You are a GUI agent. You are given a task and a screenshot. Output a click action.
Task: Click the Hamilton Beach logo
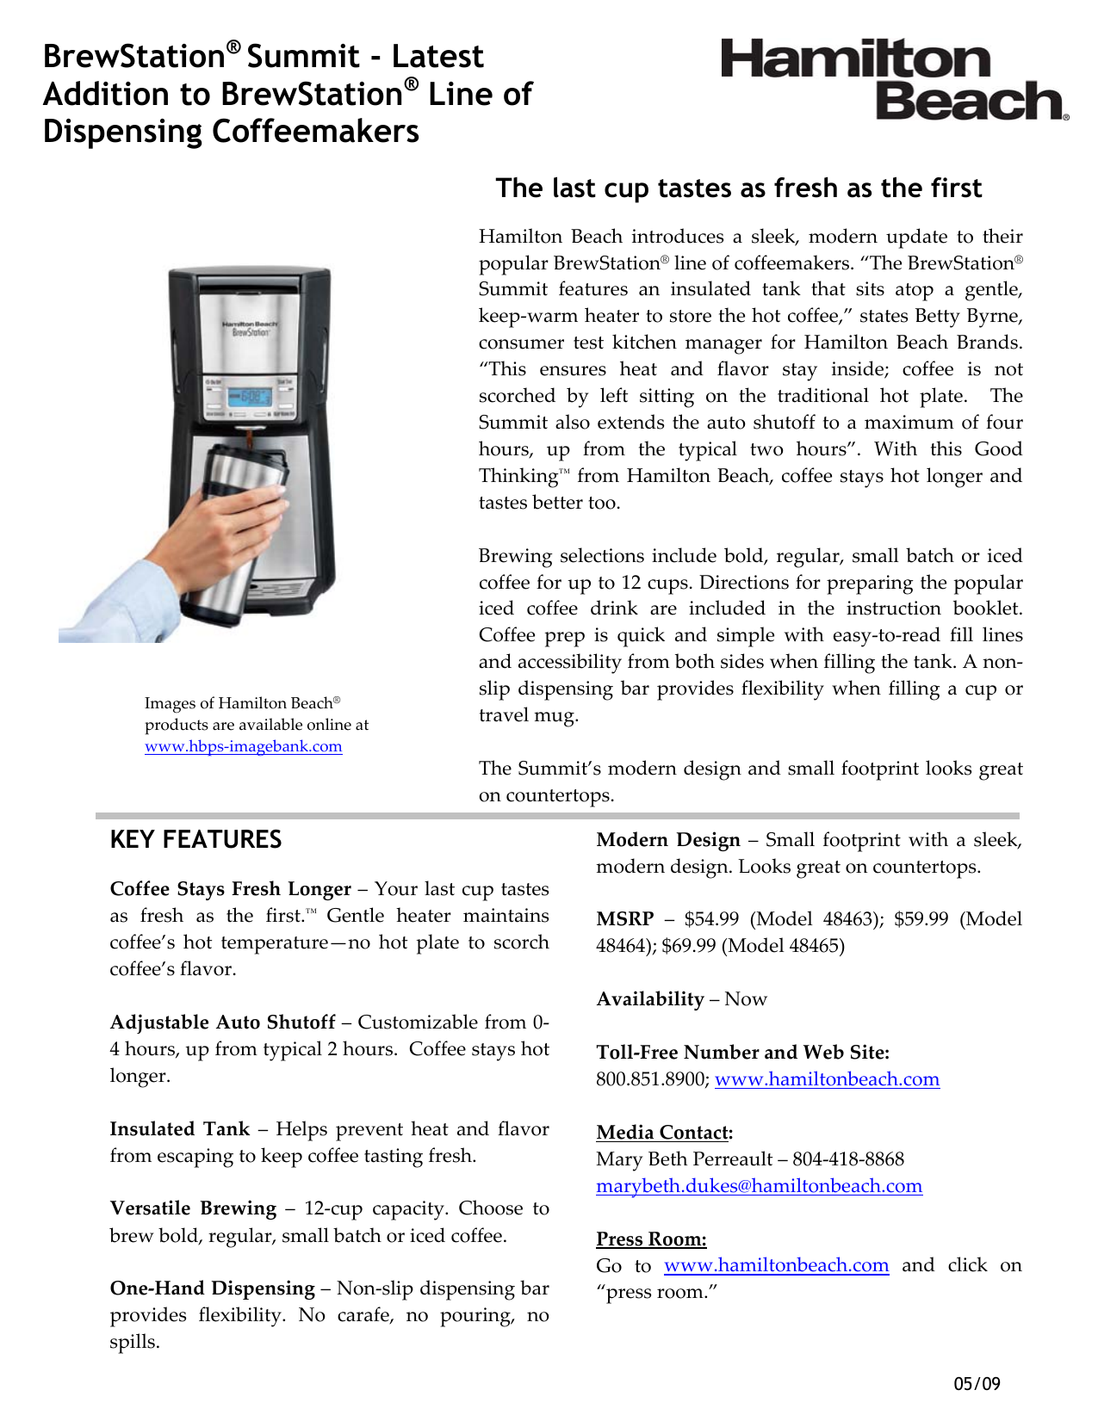(894, 79)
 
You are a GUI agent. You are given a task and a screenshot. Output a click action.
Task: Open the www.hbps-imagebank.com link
(243, 746)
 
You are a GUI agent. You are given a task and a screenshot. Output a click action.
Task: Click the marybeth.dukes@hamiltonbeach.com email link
(759, 1186)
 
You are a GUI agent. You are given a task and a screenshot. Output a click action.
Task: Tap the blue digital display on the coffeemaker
(250, 397)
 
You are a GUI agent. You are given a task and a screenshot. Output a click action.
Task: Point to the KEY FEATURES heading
(195, 840)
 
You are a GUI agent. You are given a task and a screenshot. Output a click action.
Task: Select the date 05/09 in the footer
(977, 1384)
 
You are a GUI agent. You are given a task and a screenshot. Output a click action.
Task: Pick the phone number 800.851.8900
(652, 1079)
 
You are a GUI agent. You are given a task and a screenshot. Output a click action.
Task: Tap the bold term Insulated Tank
(179, 1129)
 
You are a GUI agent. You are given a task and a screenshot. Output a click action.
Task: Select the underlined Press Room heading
(651, 1239)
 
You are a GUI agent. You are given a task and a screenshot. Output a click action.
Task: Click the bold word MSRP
(624, 919)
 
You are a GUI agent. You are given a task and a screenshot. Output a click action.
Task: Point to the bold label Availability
(650, 999)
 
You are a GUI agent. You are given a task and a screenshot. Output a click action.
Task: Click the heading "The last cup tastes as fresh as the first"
(738, 188)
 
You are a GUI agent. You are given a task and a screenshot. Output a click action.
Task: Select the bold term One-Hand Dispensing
(212, 1288)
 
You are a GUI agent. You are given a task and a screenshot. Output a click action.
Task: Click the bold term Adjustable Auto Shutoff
(222, 1023)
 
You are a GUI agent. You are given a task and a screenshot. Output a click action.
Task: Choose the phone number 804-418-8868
(848, 1159)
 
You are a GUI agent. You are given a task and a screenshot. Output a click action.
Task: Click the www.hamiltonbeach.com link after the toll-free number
(827, 1079)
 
